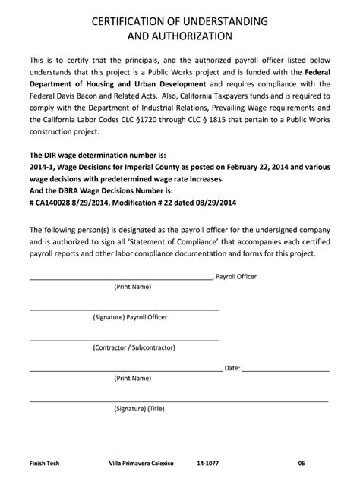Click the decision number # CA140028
[57, 204]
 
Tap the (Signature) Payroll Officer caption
[130, 316]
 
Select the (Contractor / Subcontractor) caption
[130, 347]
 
